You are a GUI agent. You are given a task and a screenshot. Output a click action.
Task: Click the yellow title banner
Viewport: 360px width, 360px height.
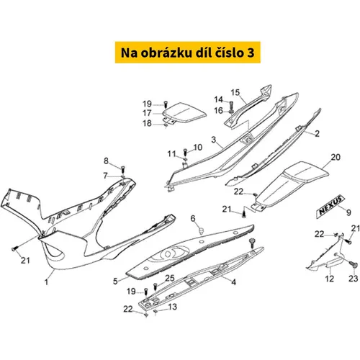click(188, 53)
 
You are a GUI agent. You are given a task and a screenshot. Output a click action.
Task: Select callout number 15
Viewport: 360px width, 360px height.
click(235, 92)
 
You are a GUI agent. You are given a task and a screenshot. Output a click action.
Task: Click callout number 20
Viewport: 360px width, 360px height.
click(336, 157)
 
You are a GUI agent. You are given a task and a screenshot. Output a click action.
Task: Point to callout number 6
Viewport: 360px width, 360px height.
click(193, 218)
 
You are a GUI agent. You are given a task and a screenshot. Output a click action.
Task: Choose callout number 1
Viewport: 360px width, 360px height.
click(46, 282)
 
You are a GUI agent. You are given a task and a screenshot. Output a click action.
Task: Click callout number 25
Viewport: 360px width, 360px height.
click(170, 278)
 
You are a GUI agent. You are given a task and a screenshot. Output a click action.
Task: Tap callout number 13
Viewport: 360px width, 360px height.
click(173, 307)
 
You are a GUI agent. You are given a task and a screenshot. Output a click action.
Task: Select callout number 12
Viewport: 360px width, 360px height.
click(329, 279)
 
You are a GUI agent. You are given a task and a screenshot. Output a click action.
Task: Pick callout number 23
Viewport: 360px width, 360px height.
click(354, 279)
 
